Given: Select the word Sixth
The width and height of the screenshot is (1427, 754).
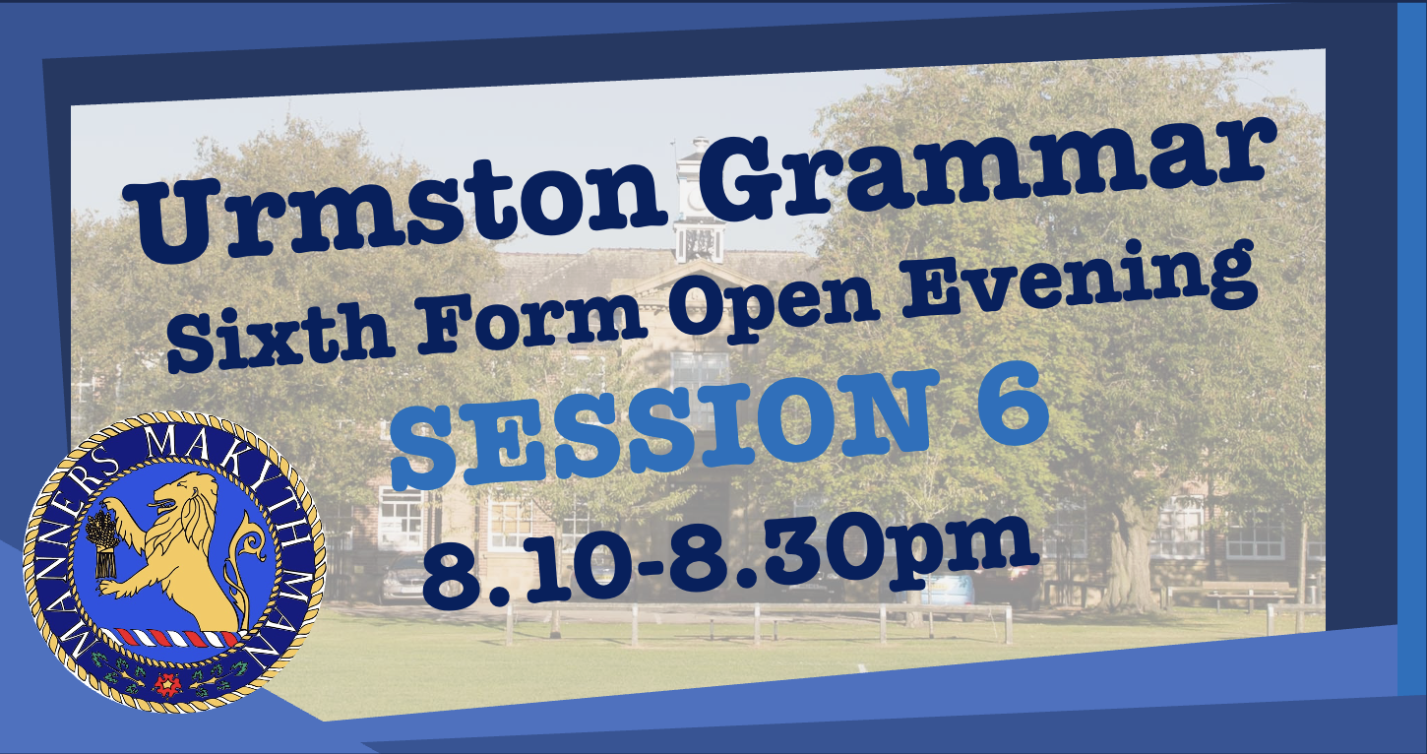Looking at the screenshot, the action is point(280,337).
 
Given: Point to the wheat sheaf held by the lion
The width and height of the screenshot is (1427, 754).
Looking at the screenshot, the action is point(102,541).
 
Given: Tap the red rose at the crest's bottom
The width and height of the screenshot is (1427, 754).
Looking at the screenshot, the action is point(168,684).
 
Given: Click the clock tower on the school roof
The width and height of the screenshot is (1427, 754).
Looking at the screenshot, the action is point(700,199).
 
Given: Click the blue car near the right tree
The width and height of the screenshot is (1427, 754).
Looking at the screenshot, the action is point(951,590).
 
